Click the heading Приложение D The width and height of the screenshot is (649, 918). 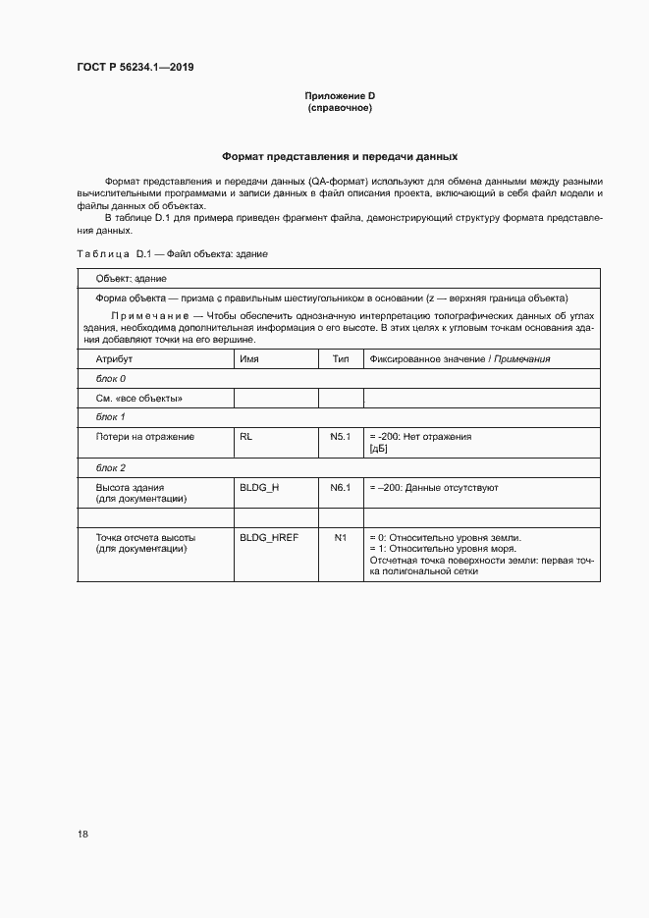click(x=339, y=95)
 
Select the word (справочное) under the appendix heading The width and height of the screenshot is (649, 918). click(x=339, y=107)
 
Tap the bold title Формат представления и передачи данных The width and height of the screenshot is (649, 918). click(x=339, y=156)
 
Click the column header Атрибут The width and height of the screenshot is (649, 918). click(x=114, y=359)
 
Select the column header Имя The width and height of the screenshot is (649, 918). click(x=248, y=359)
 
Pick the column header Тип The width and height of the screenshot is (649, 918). click(x=341, y=359)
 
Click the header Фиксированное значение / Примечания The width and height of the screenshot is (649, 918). click(x=459, y=359)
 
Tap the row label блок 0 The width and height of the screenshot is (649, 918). click(x=110, y=378)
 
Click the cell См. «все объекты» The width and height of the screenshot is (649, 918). click(x=138, y=398)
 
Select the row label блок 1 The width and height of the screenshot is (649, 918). click(x=110, y=417)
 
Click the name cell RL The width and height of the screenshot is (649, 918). click(x=246, y=436)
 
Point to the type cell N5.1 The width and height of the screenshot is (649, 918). click(x=341, y=436)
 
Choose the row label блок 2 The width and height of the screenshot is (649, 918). click(x=110, y=467)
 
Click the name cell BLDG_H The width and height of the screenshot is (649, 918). click(x=259, y=487)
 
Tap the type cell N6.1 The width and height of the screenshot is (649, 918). click(x=341, y=487)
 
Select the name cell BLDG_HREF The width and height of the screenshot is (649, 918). click(x=268, y=538)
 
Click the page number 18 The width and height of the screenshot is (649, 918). click(x=82, y=835)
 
